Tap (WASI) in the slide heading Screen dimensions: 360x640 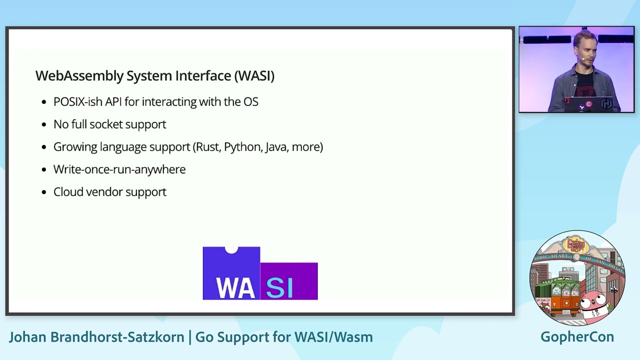tap(254, 76)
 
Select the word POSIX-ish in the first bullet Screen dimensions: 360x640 tap(77, 102)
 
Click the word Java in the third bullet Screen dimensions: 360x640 tap(275, 147)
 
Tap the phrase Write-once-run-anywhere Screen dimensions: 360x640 tap(119, 169)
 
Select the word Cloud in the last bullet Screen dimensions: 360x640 tap(68, 192)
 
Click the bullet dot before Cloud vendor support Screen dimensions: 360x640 tap(44, 192)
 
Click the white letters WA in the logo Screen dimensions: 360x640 tap(235, 287)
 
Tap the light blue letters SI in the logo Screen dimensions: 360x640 tap(279, 287)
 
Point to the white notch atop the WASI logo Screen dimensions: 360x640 tap(231, 249)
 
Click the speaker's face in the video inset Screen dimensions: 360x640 tap(584, 52)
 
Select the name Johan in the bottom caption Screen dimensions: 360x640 tap(28, 337)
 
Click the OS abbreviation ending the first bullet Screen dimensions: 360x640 tap(250, 102)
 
